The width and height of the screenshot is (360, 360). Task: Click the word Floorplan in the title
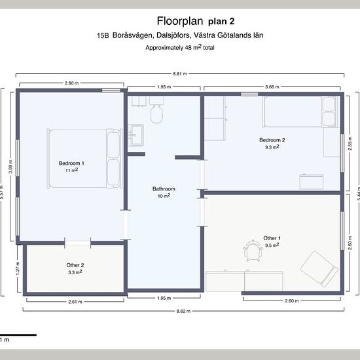(180, 21)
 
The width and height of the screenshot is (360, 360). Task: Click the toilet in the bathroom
(157, 109)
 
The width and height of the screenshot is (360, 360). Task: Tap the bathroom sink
(135, 135)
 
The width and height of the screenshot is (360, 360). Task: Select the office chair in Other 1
(253, 251)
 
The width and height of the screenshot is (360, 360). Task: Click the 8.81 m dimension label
(180, 74)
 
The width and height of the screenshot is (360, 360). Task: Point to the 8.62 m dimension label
(183, 312)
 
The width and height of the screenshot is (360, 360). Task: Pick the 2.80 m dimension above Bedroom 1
(71, 83)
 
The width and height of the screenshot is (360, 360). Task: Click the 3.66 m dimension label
(272, 87)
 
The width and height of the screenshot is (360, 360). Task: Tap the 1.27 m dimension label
(18, 268)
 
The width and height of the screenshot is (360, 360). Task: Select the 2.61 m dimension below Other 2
(75, 302)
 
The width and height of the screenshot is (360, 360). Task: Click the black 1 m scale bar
(18, 335)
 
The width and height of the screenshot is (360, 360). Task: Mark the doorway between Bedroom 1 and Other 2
(78, 243)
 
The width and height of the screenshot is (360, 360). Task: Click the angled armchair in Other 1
(319, 269)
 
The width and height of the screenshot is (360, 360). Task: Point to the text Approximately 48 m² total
(180, 48)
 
